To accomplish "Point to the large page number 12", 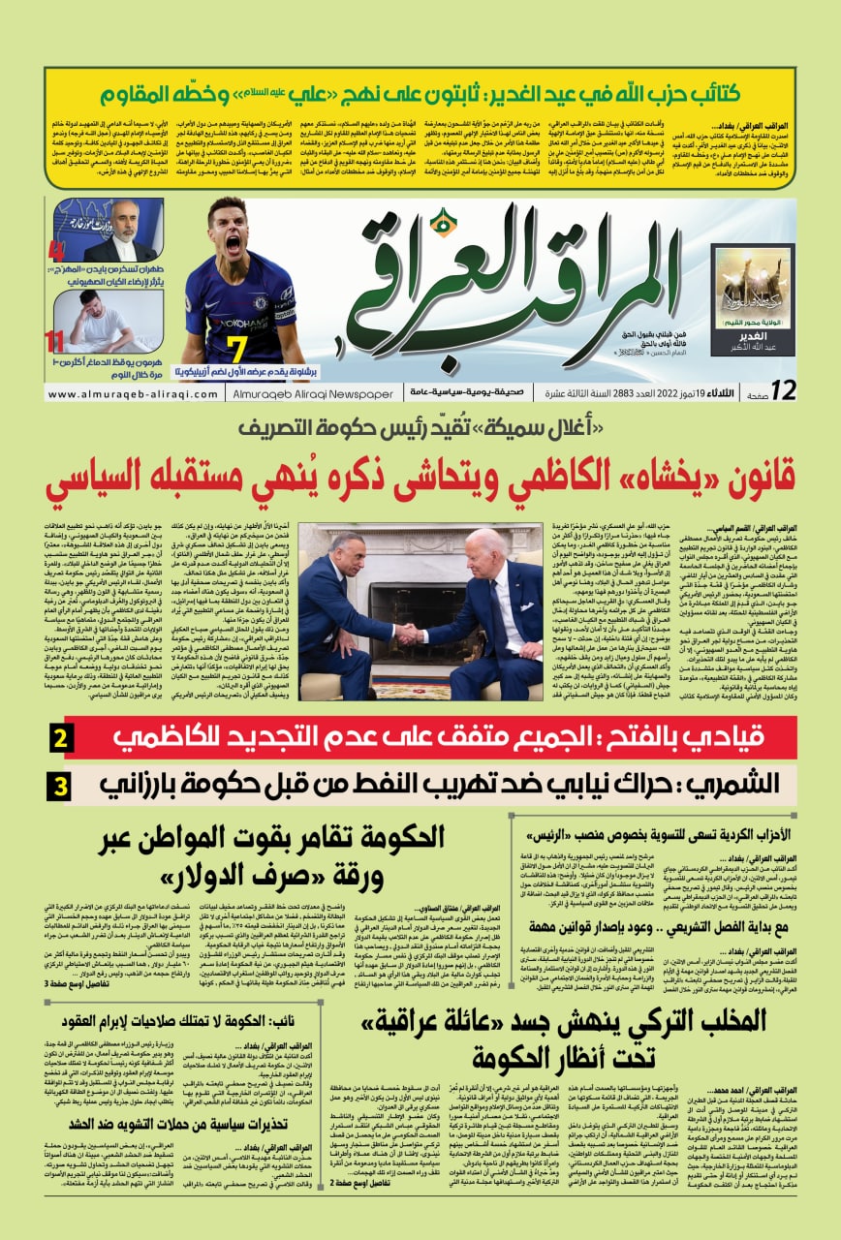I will tap(783, 390).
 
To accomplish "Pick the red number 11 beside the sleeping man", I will tap(54, 340).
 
